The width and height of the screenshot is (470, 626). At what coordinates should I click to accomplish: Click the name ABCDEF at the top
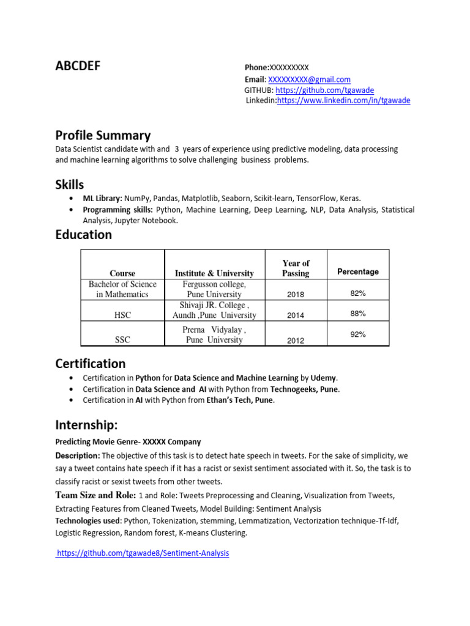78,67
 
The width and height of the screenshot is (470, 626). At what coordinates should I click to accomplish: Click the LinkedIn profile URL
343,100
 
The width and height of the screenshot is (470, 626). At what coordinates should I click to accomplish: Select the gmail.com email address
309,79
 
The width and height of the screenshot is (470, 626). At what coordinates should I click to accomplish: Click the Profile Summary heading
103,136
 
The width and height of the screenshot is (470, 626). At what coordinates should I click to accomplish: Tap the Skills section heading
70,184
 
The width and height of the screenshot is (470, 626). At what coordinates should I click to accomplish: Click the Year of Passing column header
296,268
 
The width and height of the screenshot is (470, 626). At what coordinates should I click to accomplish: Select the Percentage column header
358,271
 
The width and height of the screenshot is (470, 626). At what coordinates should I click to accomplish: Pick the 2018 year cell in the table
295,295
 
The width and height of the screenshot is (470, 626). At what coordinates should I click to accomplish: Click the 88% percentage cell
358,314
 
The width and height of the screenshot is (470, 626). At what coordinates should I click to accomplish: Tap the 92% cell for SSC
358,334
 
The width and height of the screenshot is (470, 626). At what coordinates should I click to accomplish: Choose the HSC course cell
122,315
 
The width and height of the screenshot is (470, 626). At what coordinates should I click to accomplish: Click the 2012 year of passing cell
295,341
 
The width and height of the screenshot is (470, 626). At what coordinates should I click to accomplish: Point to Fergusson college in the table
214,284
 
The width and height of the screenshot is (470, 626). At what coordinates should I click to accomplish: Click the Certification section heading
91,364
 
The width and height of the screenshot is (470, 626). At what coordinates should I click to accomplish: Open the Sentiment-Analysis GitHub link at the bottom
143,553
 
